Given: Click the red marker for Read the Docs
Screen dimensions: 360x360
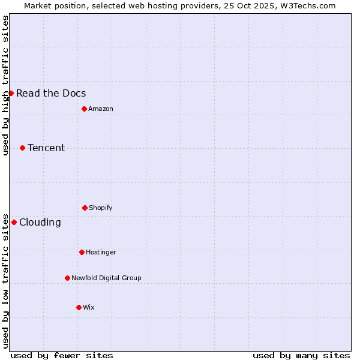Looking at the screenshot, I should click(11, 93).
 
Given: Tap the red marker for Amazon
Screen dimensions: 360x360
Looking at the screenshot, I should click(84, 109).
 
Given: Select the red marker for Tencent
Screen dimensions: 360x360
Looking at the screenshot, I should click(22, 148).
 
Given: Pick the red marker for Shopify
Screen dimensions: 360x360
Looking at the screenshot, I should click(85, 208).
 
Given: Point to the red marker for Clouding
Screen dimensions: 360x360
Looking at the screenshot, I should click(14, 222).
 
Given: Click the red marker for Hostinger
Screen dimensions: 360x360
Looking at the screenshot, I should click(82, 252).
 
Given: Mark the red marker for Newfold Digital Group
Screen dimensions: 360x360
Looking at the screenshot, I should click(67, 278).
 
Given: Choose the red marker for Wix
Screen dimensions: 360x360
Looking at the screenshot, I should click(79, 307).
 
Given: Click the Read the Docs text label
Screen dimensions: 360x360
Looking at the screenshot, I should click(51, 93).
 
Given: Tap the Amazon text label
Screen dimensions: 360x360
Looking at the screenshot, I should click(101, 109).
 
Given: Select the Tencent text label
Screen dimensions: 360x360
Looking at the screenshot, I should click(46, 148).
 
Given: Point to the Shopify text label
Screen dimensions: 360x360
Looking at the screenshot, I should click(101, 208).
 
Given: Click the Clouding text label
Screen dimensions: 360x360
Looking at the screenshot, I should click(40, 222).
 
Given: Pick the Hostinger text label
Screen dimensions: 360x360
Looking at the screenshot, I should click(101, 252).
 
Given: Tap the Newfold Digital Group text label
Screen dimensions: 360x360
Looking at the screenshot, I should click(106, 278).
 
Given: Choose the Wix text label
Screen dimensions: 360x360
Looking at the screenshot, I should click(89, 307).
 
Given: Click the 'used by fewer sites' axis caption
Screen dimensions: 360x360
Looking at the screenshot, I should click(62, 355).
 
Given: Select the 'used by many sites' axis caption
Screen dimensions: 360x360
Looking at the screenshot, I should click(301, 355).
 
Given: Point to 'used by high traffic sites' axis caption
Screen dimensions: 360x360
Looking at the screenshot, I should click(5, 85).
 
